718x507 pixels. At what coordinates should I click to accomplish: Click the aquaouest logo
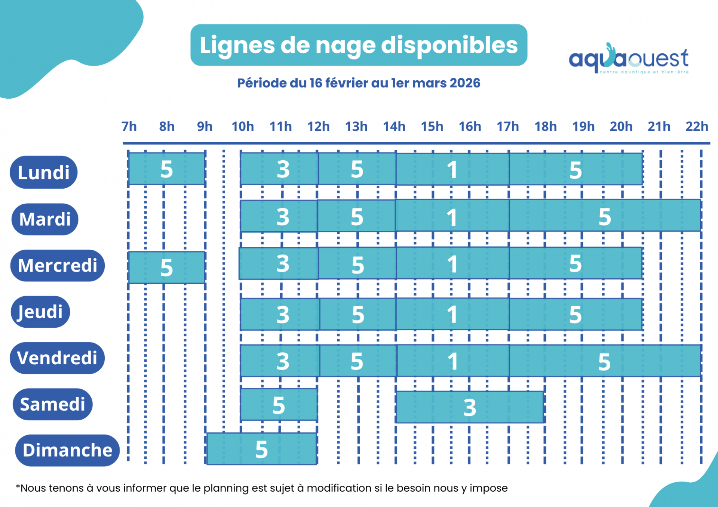coord(628,59)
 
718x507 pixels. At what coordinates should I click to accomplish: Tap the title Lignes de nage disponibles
coord(359,45)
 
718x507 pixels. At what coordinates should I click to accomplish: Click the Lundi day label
coord(44,173)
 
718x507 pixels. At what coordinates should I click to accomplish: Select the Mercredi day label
coord(57,266)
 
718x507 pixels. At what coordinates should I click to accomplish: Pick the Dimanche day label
coord(67,450)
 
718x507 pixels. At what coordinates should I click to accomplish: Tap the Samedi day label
coord(52,404)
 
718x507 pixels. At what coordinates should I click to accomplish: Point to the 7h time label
coord(129,127)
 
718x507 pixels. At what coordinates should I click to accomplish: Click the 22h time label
coord(696,127)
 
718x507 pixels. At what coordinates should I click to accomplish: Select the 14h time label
coord(394,127)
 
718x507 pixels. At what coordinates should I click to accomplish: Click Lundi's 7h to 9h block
coord(166,169)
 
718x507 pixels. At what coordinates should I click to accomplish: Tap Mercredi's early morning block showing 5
coord(166,268)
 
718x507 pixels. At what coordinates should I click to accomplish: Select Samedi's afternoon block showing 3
coord(469,407)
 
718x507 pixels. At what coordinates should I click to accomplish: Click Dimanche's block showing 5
coord(261,449)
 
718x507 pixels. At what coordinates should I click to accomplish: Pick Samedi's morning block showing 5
coord(279,405)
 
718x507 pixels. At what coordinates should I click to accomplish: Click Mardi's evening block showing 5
coord(605,216)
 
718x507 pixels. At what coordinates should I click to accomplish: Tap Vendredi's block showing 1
coord(452,361)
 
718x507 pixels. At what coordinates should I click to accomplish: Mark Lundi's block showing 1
coord(452,169)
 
